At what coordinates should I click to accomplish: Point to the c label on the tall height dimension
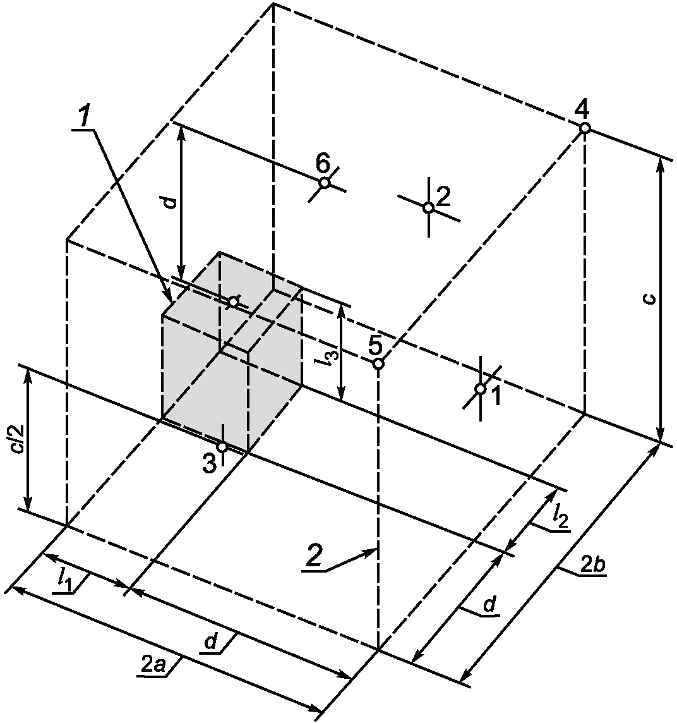(650, 298)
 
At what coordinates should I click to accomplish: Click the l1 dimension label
(63, 579)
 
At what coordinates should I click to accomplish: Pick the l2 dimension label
(559, 517)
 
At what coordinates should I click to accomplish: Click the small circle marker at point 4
(585, 128)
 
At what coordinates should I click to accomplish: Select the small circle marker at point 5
(378, 363)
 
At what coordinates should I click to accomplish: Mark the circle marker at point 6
(325, 183)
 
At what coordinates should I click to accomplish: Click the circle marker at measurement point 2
(428, 207)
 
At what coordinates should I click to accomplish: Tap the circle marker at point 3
(222, 447)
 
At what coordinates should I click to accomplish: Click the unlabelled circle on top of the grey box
(233, 302)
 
